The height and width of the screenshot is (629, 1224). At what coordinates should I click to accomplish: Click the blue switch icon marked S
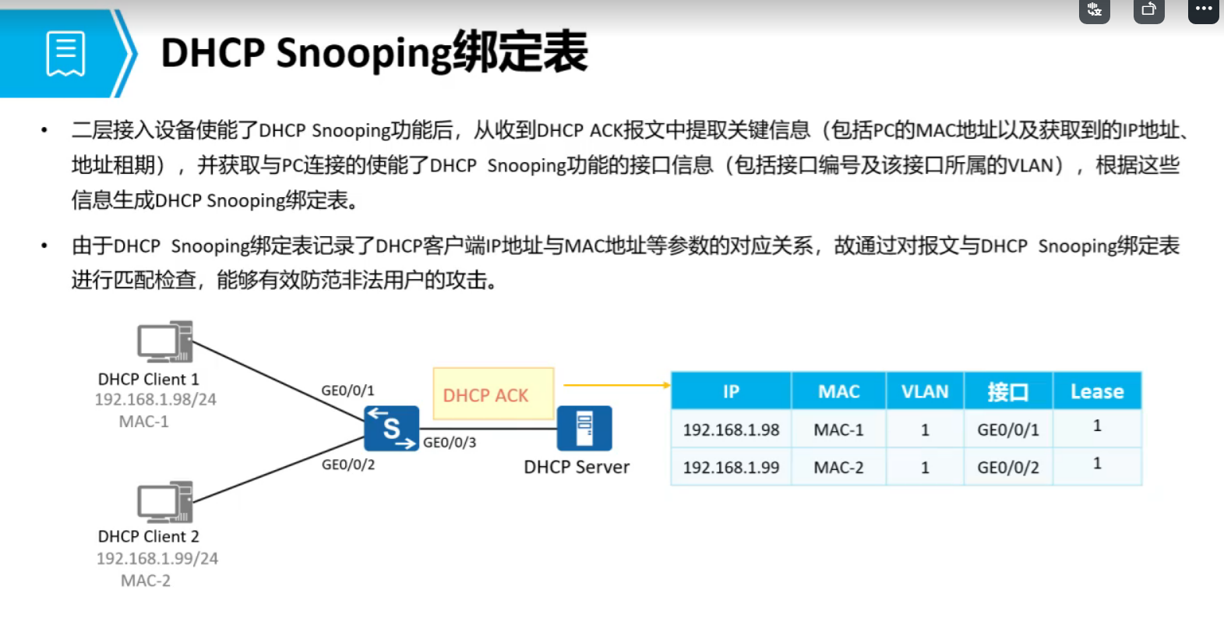[x=391, y=428]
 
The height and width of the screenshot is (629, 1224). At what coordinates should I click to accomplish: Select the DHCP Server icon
[x=584, y=428]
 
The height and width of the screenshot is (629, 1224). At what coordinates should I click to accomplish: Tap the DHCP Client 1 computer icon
[x=164, y=341]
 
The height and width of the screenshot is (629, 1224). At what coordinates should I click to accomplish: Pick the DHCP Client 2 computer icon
[x=164, y=501]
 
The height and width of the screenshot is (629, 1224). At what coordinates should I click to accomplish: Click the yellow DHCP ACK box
[x=493, y=394]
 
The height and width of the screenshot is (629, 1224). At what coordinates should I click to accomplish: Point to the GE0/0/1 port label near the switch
[x=347, y=390]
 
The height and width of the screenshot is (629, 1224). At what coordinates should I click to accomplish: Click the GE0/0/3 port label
[x=450, y=443]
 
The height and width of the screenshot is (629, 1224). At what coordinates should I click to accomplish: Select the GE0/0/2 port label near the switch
[x=348, y=465]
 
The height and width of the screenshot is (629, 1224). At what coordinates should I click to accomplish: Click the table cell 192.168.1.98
[x=731, y=429]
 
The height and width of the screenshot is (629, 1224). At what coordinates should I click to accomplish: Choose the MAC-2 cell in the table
[x=838, y=468]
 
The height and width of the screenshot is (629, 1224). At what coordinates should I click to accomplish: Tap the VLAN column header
[x=925, y=391]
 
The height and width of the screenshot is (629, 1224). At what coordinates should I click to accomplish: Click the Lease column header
[x=1096, y=391]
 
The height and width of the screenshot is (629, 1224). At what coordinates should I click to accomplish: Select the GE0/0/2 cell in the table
[x=1008, y=468]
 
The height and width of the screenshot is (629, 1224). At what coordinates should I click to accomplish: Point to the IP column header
[x=731, y=391]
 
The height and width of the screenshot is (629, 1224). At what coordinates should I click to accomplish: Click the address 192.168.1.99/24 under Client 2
[x=157, y=558]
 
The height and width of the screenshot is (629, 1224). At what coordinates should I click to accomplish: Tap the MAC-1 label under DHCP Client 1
[x=143, y=422]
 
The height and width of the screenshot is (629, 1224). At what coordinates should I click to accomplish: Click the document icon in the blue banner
[x=65, y=54]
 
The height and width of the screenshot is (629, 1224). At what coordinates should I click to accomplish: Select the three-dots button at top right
[x=1203, y=9]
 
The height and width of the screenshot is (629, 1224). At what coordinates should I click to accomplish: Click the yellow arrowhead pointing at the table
[x=666, y=385]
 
